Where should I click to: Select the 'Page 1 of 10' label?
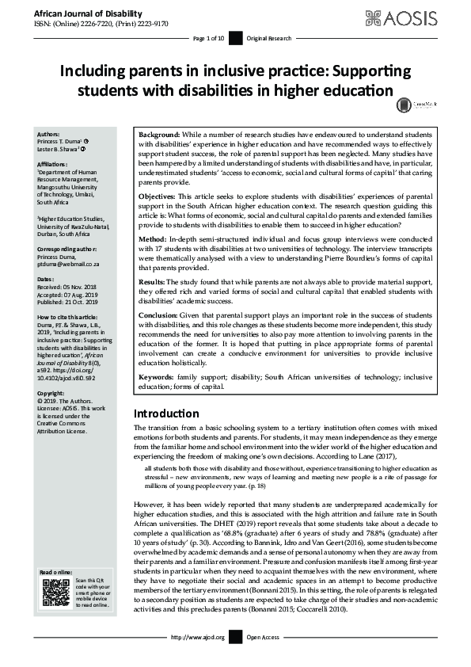[209, 38]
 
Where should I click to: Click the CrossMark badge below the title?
[405, 104]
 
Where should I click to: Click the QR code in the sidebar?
[55, 593]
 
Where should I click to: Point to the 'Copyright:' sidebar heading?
[54, 393]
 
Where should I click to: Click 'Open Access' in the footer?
[264, 637]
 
